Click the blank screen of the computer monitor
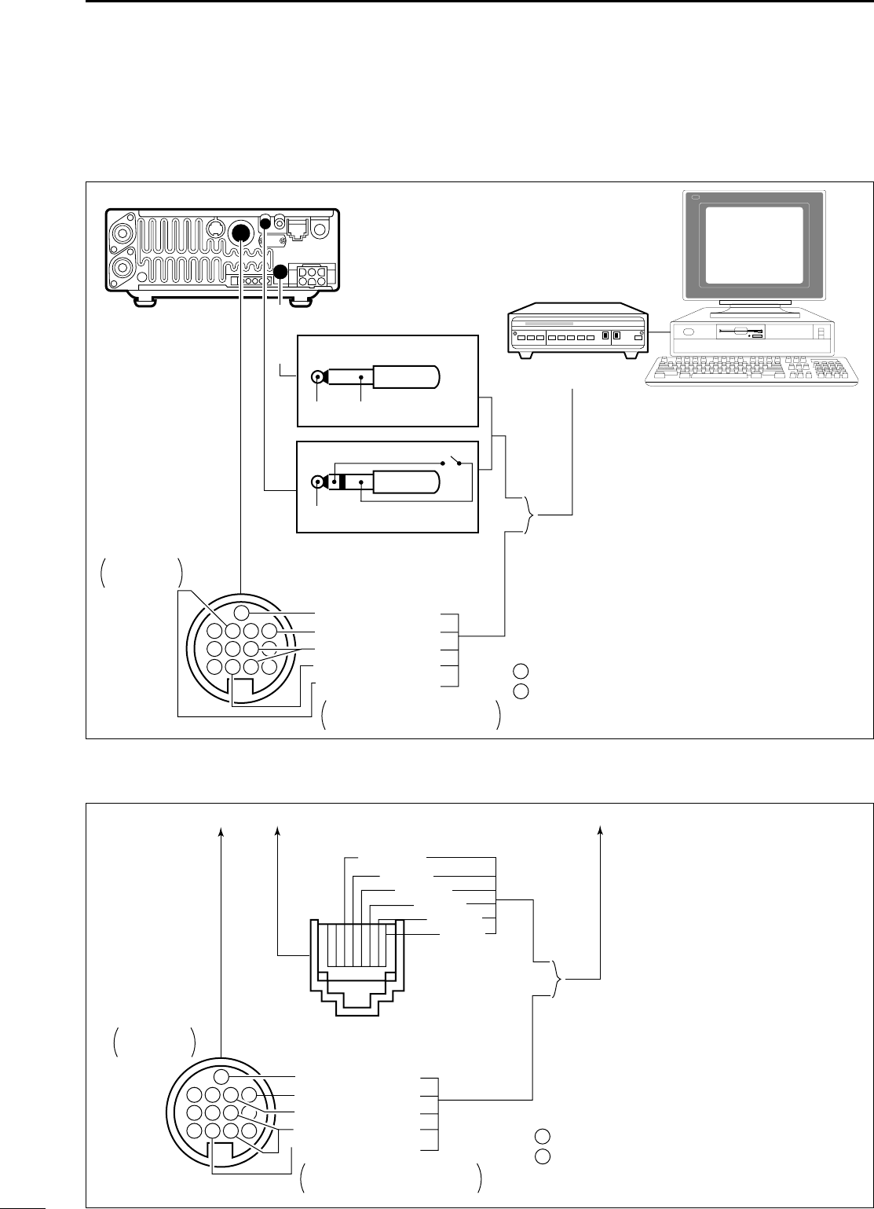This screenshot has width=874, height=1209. (753, 245)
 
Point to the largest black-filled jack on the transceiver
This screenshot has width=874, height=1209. (242, 233)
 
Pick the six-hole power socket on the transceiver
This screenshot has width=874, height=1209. (314, 275)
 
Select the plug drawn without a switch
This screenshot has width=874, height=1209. (377, 378)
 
